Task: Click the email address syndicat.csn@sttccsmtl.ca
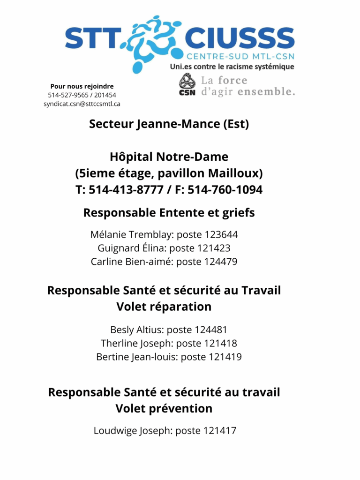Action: [x=82, y=104]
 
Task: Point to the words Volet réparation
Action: [x=164, y=307]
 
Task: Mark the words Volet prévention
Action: [x=164, y=408]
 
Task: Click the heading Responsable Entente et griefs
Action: [x=169, y=212]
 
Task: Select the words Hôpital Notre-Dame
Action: [x=169, y=157]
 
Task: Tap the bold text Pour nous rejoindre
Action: [x=82, y=86]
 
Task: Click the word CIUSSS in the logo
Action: [x=240, y=38]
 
